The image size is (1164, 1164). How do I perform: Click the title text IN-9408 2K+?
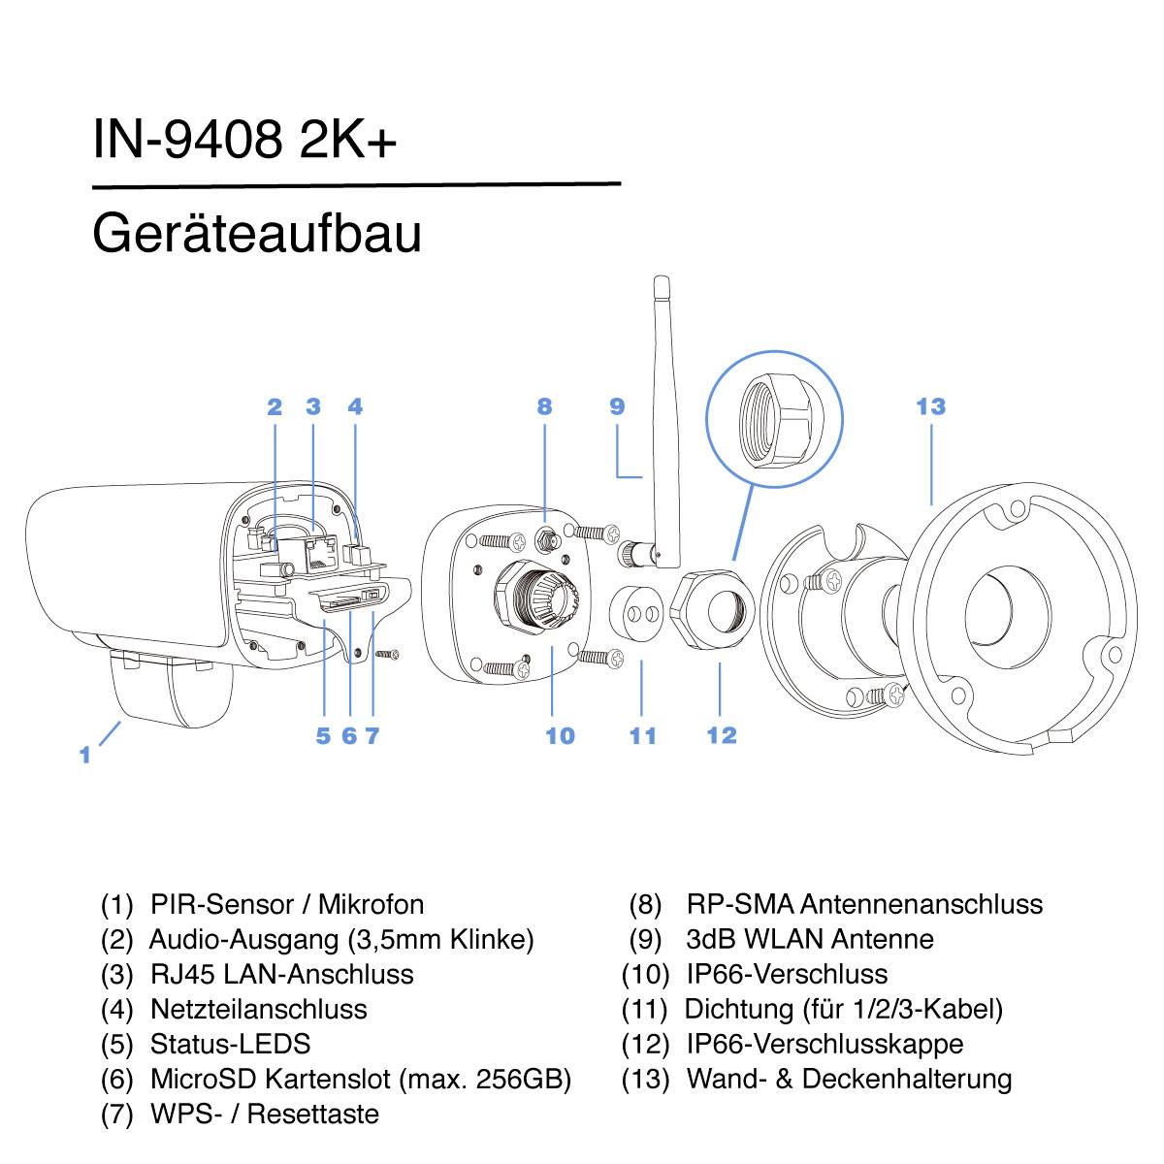(244, 141)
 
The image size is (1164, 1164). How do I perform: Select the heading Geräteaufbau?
(257, 235)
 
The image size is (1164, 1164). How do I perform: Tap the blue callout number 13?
(930, 406)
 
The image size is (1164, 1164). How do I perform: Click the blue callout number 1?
(85, 754)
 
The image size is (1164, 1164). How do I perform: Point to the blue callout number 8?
(544, 406)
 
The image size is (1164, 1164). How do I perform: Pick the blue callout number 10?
(560, 736)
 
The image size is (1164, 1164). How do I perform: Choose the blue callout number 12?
(722, 735)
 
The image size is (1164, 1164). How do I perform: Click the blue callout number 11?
(643, 736)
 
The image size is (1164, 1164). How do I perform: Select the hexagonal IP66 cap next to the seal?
(713, 610)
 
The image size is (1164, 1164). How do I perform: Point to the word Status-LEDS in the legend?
(230, 1044)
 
